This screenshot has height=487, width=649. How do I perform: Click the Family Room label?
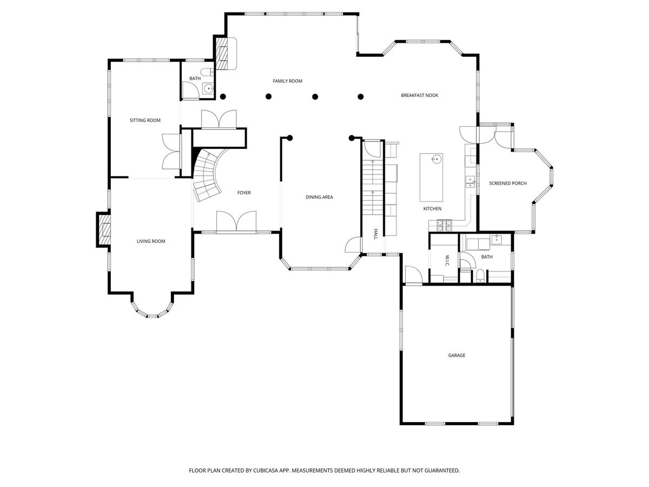287,81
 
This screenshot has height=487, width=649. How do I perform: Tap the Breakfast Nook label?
419,95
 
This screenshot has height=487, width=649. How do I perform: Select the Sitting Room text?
145,120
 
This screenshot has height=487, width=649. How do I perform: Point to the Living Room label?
151,241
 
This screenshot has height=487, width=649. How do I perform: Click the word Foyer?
244,193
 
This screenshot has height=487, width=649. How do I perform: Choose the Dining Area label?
319,197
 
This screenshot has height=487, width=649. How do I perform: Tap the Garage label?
456,356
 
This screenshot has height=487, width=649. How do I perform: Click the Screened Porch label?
507,183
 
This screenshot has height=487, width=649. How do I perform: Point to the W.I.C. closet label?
447,260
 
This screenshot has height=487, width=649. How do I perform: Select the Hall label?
375,234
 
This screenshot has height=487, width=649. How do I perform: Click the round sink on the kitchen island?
435,159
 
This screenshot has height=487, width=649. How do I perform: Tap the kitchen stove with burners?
445,225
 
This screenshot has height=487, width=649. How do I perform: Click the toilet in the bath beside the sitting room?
207,72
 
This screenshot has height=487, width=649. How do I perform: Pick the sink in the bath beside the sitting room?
209,88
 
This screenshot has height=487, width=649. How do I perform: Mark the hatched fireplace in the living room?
104,229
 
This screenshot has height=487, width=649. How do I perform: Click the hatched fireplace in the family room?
221,54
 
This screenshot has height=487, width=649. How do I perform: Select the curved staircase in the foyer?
208,175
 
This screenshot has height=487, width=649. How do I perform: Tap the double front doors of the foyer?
236,221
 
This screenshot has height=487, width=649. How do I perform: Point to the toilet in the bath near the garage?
480,275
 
